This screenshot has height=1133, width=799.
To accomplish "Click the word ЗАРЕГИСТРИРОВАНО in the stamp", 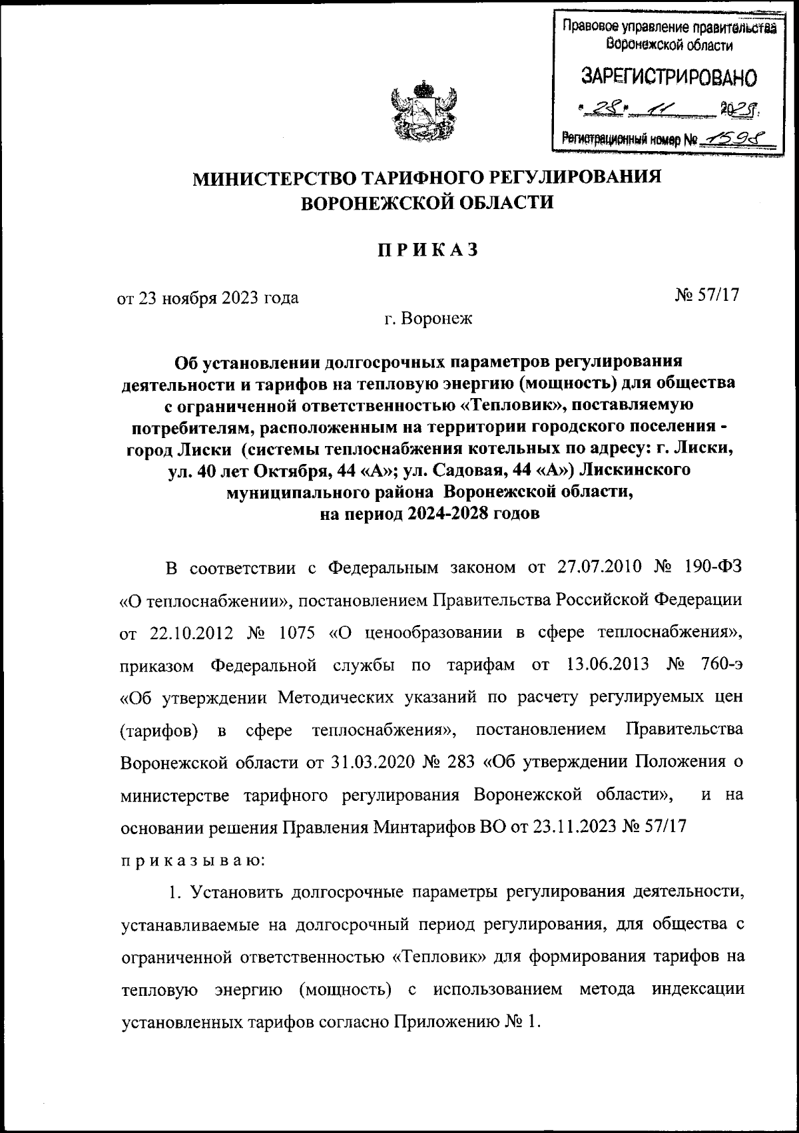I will [x=669, y=77].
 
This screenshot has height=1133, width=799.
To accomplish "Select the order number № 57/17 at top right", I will [x=708, y=295].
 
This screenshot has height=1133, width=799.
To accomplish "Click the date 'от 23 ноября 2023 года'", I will [x=208, y=297].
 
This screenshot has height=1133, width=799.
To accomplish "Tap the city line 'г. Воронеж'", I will [x=427, y=318].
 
